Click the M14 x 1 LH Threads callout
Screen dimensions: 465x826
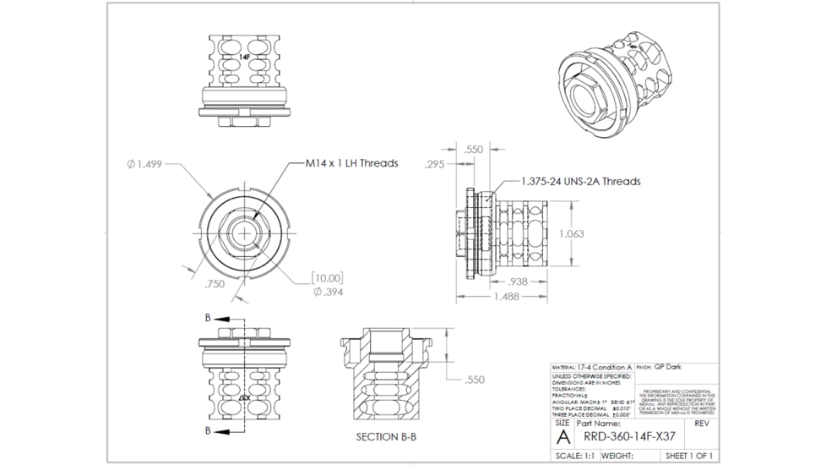[x=351, y=163]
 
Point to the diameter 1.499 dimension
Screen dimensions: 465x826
[x=144, y=164]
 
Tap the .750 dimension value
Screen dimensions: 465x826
[x=215, y=285]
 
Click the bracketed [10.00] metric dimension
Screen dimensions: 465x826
[x=326, y=277]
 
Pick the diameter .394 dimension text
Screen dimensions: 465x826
[x=328, y=292]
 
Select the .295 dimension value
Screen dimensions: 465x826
[x=436, y=164]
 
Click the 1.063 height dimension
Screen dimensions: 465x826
[x=572, y=233]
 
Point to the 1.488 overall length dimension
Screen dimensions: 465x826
[x=507, y=297]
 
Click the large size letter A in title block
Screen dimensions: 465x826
[x=562, y=436]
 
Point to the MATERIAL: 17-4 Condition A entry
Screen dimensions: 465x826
[x=591, y=368]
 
